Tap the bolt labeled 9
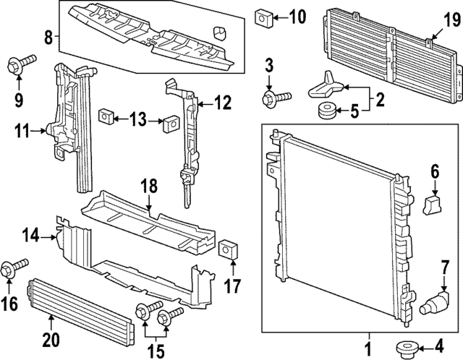tap(19, 67)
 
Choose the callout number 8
tap(47, 36)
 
